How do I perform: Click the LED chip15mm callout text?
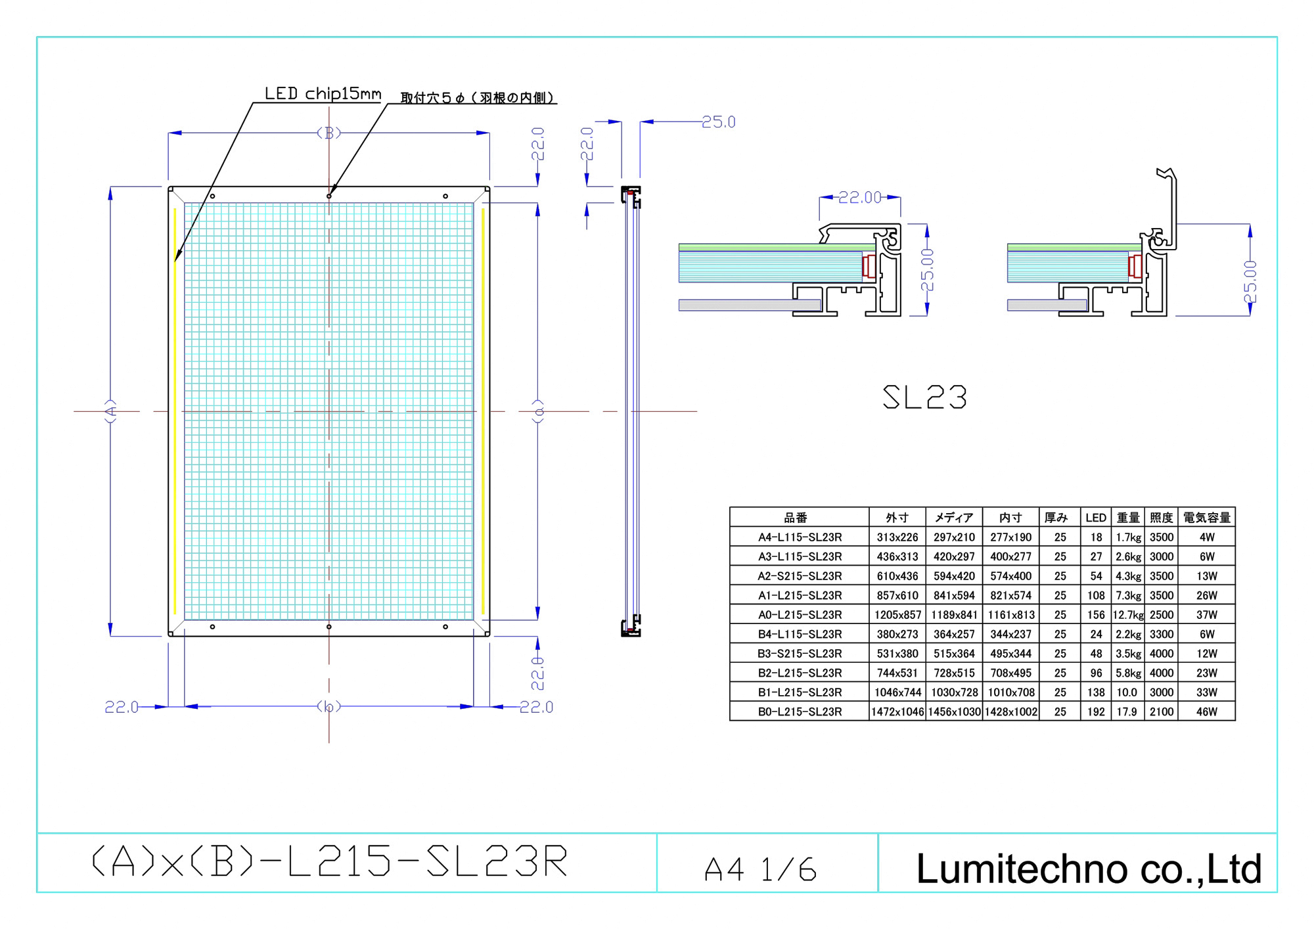pyautogui.click(x=323, y=94)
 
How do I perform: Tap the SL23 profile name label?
pyautogui.click(x=924, y=397)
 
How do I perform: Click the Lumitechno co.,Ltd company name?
pyautogui.click(x=1089, y=869)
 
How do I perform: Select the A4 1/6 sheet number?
pyautogui.click(x=760, y=870)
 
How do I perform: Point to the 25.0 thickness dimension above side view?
pyautogui.click(x=719, y=122)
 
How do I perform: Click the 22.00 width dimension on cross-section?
pyautogui.click(x=860, y=198)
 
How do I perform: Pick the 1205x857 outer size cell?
pyautogui.click(x=897, y=615)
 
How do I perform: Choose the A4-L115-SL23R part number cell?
pyautogui.click(x=800, y=537)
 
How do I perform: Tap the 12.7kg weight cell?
pyautogui.click(x=1128, y=615)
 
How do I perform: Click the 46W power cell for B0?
pyautogui.click(x=1207, y=712)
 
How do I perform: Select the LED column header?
pyautogui.click(x=1096, y=518)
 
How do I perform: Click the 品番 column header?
pyautogui.click(x=796, y=518)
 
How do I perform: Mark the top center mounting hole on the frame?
pyautogui.click(x=329, y=196)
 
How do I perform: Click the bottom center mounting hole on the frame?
pyautogui.click(x=329, y=627)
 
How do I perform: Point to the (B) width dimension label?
pyautogui.click(x=329, y=133)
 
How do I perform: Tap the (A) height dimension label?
pyautogui.click(x=111, y=411)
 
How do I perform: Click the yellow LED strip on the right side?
pyautogui.click(x=483, y=411)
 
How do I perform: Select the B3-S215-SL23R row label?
pyautogui.click(x=800, y=654)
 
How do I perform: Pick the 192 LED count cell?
pyautogui.click(x=1096, y=712)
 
